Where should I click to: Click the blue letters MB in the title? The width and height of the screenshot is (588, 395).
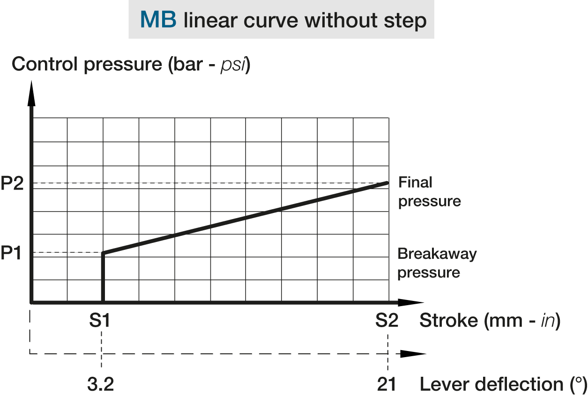[x=158, y=20]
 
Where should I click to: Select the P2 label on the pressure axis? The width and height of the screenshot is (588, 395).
[x=13, y=183]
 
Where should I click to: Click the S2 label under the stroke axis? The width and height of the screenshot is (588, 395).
[x=387, y=321]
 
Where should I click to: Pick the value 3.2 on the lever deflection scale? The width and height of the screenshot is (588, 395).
[x=101, y=384]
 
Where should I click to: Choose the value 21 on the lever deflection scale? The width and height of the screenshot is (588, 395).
[x=387, y=384]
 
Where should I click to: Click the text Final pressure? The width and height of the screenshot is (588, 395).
[x=429, y=192]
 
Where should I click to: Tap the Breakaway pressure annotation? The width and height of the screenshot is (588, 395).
[x=437, y=263]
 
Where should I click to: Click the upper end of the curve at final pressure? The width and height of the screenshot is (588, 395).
[x=387, y=183]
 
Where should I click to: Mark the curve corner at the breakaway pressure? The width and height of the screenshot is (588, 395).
[x=103, y=253]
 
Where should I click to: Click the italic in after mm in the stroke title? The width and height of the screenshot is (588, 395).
[x=546, y=322]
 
